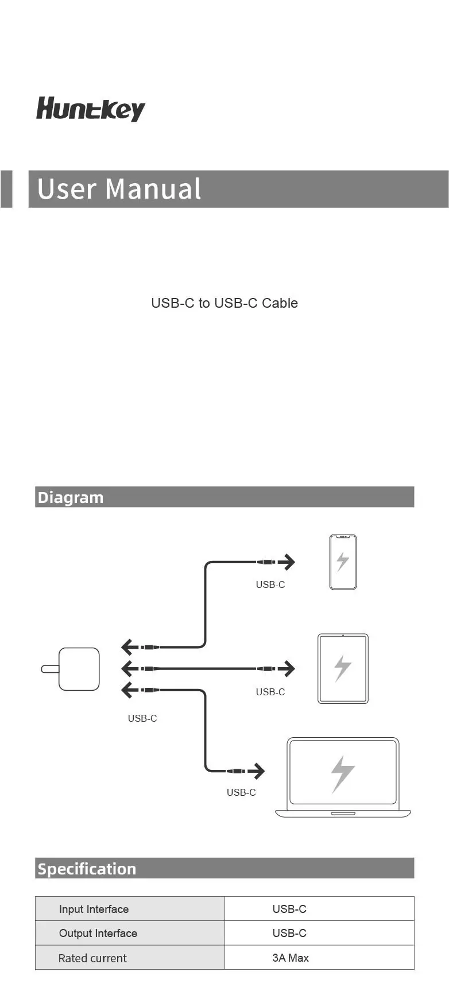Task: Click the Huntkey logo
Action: click(91, 109)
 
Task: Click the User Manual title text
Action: click(119, 189)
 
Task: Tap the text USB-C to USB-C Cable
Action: click(225, 303)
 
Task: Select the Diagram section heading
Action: click(70, 497)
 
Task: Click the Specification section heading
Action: click(87, 869)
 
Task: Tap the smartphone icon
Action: click(343, 562)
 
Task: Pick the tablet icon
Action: click(343, 668)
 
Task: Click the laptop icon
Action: click(343, 777)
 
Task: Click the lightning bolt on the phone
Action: click(343, 562)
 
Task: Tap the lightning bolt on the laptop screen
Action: click(343, 773)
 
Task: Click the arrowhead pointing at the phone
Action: click(289, 562)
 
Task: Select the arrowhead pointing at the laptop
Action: click(259, 771)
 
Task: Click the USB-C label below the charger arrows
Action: click(142, 718)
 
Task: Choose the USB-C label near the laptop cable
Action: click(241, 792)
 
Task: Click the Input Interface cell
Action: click(94, 909)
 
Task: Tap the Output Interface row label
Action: click(98, 933)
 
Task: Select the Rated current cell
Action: click(92, 958)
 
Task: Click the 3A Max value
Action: click(291, 958)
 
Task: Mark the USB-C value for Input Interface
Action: click(289, 909)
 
